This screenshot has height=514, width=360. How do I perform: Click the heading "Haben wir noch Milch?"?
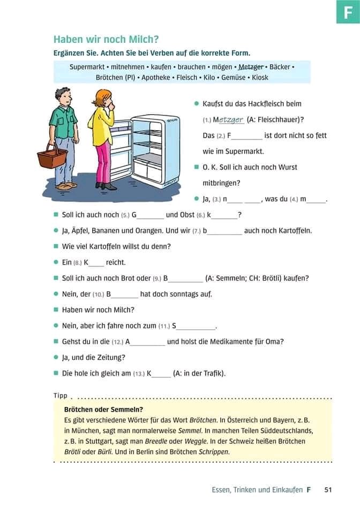click(106, 40)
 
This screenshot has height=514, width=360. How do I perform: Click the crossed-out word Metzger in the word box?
click(251, 67)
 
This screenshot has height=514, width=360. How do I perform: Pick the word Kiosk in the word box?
click(260, 78)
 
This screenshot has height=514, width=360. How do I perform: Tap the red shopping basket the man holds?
click(52, 157)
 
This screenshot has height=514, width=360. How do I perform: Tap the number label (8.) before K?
click(78, 263)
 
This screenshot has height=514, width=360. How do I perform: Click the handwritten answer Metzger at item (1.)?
click(230, 120)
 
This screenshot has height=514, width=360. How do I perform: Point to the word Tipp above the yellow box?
click(61, 396)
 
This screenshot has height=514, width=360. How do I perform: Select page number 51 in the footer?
click(328, 489)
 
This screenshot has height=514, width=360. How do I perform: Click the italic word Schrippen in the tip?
click(214, 451)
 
